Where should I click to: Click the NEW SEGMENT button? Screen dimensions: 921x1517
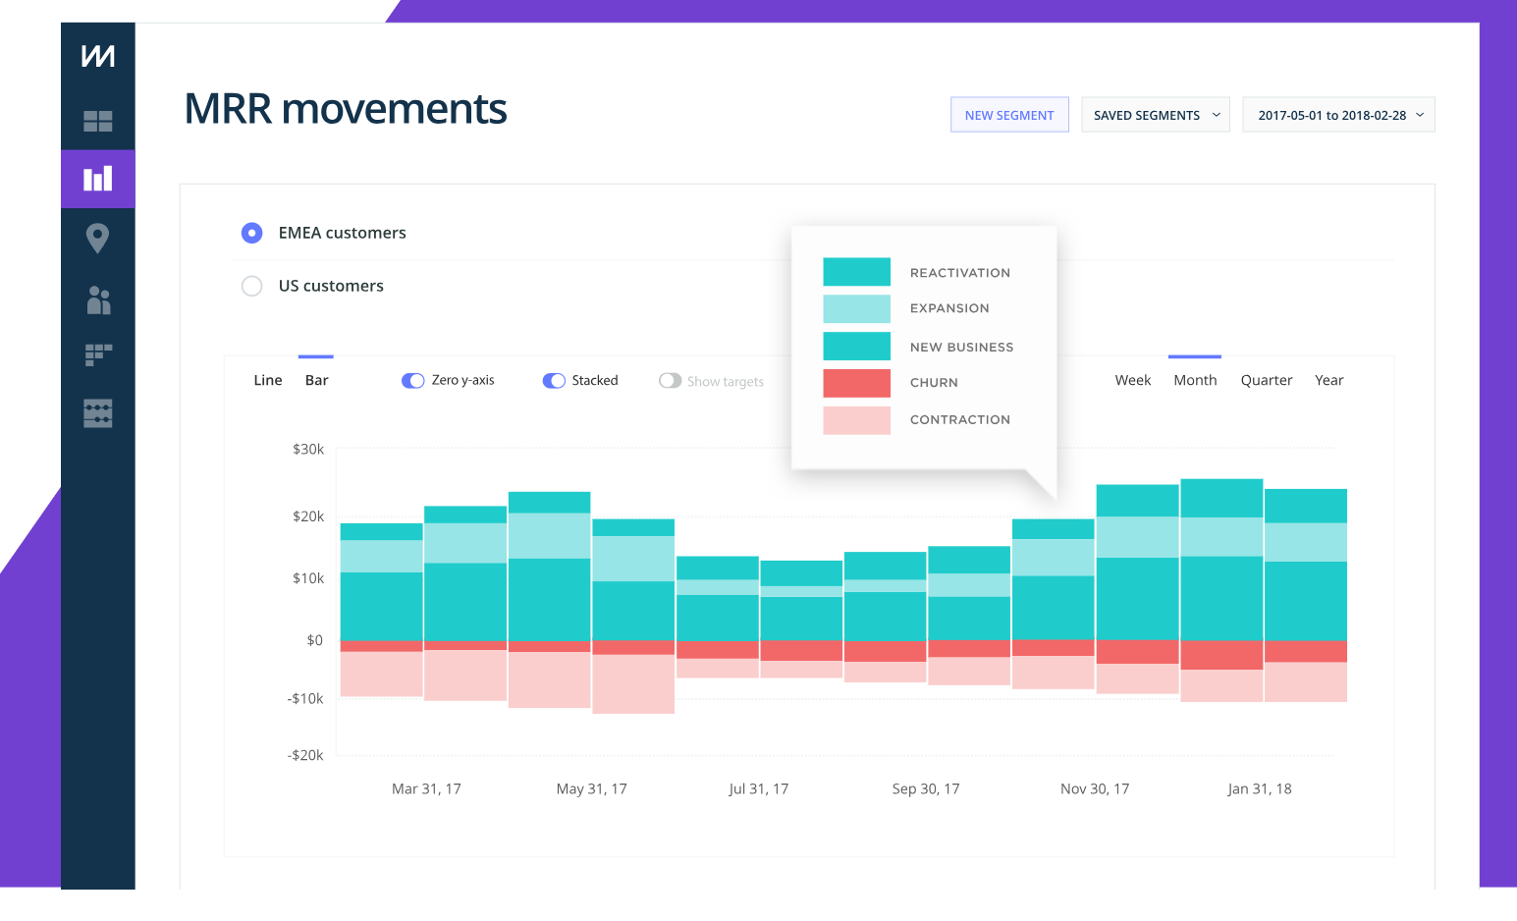coord(1008,115)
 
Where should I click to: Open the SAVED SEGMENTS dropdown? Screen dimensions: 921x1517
coord(1155,115)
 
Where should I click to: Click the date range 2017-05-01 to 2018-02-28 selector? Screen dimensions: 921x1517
coord(1338,115)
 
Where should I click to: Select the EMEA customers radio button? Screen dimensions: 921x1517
coord(252,233)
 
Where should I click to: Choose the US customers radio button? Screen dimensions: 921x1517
coord(252,286)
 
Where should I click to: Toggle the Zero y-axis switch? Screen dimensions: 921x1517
coord(412,381)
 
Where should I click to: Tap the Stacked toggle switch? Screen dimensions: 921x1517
coord(554,381)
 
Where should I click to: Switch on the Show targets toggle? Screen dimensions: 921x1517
coord(670,381)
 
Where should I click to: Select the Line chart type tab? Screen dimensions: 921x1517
coord(268,381)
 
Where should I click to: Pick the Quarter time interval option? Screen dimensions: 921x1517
coord(1266,381)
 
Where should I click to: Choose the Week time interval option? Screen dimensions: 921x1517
coord(1132,381)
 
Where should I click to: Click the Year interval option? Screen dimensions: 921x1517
coord(1328,381)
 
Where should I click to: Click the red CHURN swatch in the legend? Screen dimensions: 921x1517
coord(856,383)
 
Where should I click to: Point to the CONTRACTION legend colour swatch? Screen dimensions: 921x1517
coord(856,420)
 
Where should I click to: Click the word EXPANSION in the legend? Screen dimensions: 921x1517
coord(949,308)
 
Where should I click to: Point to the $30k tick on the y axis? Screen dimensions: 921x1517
coord(308,450)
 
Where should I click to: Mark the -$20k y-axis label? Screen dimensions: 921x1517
coord(305,755)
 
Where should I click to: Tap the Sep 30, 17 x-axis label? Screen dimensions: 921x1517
coord(925,789)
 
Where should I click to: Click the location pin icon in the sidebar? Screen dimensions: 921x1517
coord(97,238)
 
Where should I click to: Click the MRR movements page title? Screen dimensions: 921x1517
coord(346,109)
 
